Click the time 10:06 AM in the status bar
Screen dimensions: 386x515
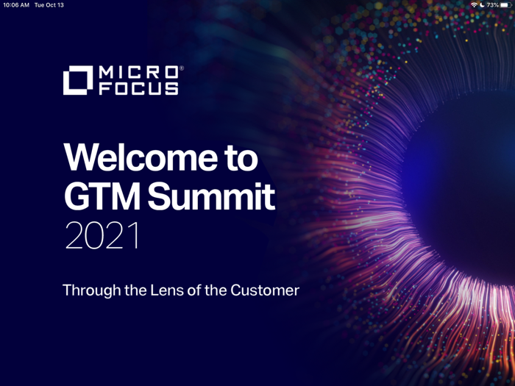[16, 5]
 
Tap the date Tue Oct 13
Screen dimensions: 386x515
[49, 5]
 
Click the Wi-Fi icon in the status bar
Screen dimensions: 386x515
[474, 5]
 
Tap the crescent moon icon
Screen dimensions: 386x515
[482, 5]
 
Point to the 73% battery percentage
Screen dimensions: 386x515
[492, 5]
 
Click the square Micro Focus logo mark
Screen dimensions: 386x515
[78, 81]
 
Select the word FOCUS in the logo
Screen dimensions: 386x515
[138, 88]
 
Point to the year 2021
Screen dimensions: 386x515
[102, 236]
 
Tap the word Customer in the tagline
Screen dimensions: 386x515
[265, 290]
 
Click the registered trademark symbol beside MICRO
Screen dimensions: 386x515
[181, 68]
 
